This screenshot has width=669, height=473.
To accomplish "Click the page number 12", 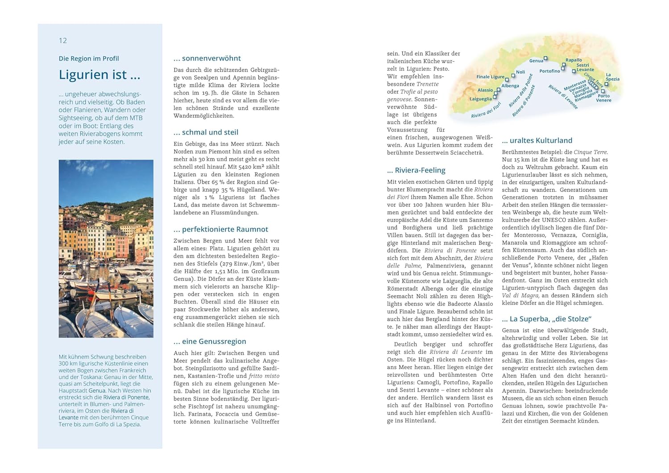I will (63, 41).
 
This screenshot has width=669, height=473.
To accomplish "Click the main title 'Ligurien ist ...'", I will (99, 74).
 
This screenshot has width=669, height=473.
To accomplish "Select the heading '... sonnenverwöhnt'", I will (207, 58).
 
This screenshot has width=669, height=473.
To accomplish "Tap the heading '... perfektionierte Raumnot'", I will (221, 229).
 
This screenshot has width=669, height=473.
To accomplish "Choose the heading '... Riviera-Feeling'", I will (416, 170).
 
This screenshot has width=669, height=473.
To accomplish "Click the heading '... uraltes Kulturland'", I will (537, 141).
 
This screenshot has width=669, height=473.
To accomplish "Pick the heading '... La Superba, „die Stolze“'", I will (546, 319).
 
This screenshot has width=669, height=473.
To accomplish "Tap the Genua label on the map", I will (536, 61).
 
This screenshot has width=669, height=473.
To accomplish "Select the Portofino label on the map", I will (549, 71).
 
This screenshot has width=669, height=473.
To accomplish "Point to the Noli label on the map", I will (520, 72).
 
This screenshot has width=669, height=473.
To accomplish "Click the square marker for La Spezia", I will (606, 84).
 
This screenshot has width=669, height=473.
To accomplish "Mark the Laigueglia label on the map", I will (481, 99).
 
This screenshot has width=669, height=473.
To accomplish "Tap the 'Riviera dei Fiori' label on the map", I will (486, 111).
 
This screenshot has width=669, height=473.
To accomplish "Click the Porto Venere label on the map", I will (604, 98).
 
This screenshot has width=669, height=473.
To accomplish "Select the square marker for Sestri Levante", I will (574, 71).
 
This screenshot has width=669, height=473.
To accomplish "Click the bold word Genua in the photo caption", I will (97, 391).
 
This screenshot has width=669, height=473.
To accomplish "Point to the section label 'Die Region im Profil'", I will (89, 58).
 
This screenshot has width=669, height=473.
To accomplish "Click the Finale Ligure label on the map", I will (490, 77).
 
